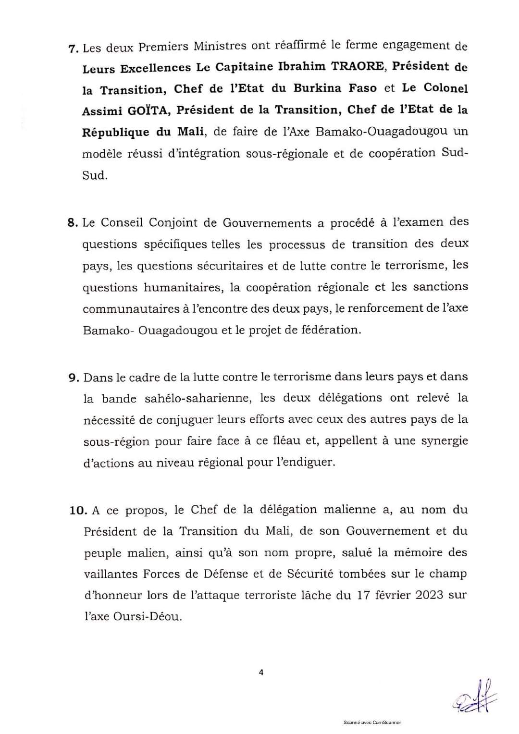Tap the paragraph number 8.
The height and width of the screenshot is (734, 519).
73,223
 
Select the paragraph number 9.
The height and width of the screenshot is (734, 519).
73,378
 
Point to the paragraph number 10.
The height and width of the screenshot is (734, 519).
77,511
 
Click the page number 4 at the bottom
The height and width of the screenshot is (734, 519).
261,673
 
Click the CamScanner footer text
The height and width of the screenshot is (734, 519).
372,722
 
